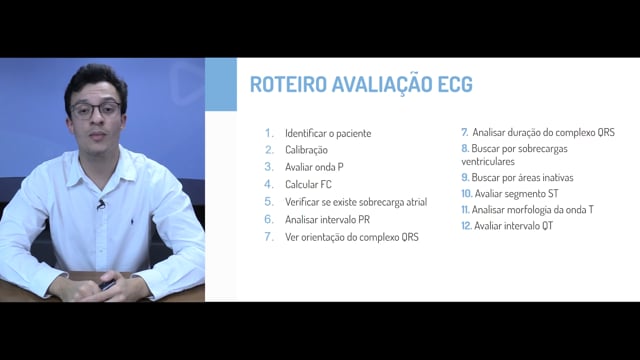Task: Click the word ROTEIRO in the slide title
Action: pyautogui.click(x=289, y=84)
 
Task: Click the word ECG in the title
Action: pyautogui.click(x=455, y=84)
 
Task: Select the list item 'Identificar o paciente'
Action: pyautogui.click(x=328, y=133)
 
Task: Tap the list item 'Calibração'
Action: pyautogui.click(x=306, y=150)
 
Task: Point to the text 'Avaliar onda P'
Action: pyautogui.click(x=314, y=167)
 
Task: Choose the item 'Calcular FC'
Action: pyautogui.click(x=308, y=184)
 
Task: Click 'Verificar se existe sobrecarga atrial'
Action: pyautogui.click(x=356, y=202)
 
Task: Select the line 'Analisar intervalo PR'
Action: pyautogui.click(x=327, y=220)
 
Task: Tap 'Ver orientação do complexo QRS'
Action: pyautogui.click(x=352, y=237)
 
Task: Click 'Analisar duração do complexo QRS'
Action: pyautogui.click(x=544, y=132)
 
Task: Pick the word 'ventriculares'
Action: pyautogui.click(x=488, y=162)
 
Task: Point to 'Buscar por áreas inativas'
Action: pyautogui.click(x=522, y=178)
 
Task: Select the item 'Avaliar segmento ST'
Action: pyautogui.click(x=516, y=193)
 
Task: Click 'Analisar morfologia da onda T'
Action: pyautogui.click(x=533, y=210)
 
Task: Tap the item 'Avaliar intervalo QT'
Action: pyautogui.click(x=513, y=226)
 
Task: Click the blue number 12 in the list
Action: pyautogui.click(x=467, y=226)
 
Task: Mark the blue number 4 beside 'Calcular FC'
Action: pyautogui.click(x=269, y=184)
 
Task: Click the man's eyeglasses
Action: pyautogui.click(x=96, y=110)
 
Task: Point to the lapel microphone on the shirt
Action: pyautogui.click(x=101, y=204)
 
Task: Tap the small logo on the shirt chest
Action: pyautogui.click(x=132, y=222)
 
